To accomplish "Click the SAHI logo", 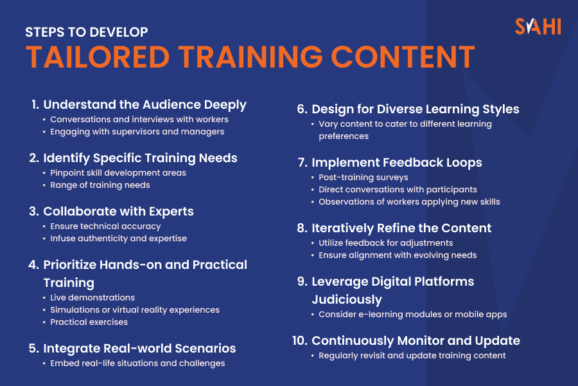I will (x=538, y=26).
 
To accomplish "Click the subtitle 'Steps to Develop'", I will (x=87, y=32).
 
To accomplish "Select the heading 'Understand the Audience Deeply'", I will (x=144, y=104).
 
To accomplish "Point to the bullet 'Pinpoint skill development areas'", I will (x=118, y=173).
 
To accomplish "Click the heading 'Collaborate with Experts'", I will (x=118, y=211).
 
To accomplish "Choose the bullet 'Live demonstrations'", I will (x=92, y=298).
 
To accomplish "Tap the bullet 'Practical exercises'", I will (x=89, y=322).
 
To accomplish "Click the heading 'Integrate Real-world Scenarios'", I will (x=139, y=348).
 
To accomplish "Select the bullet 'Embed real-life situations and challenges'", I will (x=137, y=363).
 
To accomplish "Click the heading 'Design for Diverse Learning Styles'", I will (x=415, y=109).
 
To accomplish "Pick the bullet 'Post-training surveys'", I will (x=363, y=178).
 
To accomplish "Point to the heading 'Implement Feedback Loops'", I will (x=396, y=163).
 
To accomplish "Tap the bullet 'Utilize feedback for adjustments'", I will (x=386, y=243).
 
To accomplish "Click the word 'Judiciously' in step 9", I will (x=347, y=299).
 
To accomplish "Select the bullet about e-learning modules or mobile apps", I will (x=413, y=315).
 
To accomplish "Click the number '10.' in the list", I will (x=300, y=340).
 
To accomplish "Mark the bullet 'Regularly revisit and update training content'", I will (x=412, y=356).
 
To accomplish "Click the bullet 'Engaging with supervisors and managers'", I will (x=137, y=132).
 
